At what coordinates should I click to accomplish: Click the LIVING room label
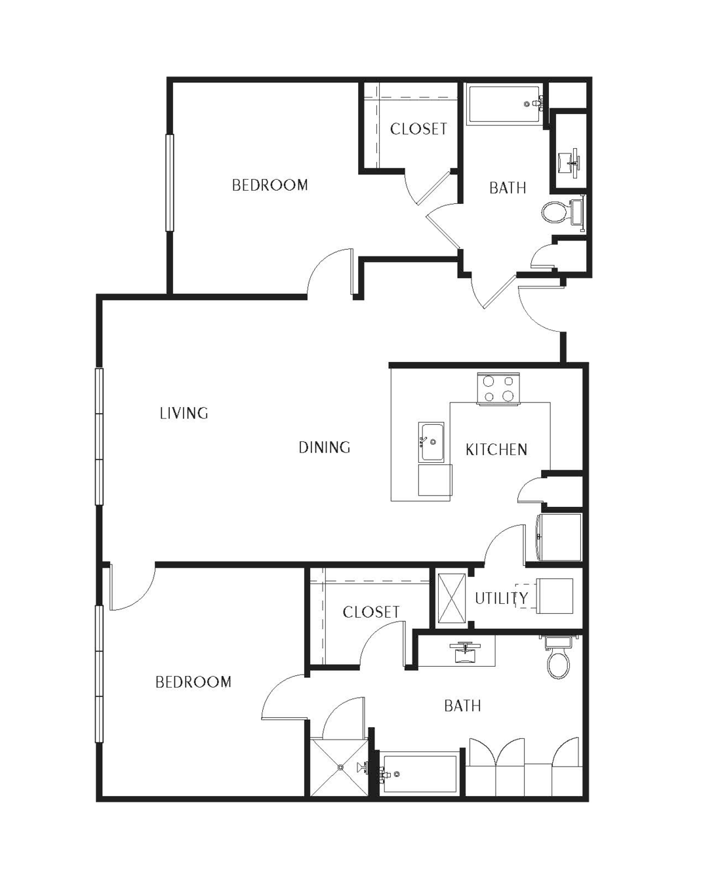click(184, 413)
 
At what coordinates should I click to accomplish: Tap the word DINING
click(325, 447)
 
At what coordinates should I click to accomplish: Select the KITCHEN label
click(496, 449)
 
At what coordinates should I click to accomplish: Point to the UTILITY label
click(501, 598)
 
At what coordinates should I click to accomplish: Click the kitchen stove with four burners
click(498, 389)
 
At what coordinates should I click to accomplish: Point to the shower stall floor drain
click(341, 767)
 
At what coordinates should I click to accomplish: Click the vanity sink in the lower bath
click(464, 653)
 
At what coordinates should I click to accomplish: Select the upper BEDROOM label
click(270, 185)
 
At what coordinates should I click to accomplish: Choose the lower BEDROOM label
click(193, 682)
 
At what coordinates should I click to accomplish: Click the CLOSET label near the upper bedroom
click(418, 129)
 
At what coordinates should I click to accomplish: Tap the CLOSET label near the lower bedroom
click(371, 612)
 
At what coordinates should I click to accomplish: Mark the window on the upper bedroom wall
click(169, 183)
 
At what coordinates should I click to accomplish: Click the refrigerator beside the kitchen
click(559, 537)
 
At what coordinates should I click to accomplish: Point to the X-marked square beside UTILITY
click(451, 599)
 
